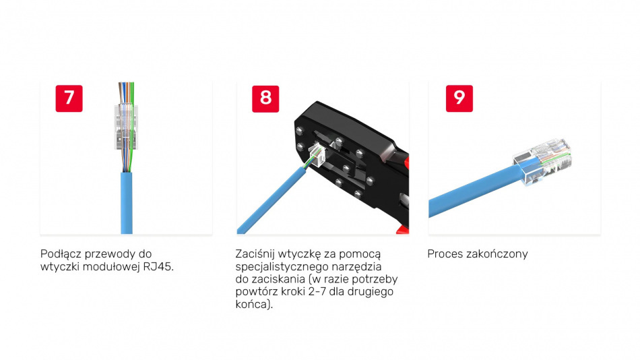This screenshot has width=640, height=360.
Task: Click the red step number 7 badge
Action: pyautogui.click(x=69, y=98)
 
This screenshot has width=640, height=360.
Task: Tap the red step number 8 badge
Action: pyautogui.click(x=265, y=98)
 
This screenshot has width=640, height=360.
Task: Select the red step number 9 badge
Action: pyautogui.click(x=459, y=98)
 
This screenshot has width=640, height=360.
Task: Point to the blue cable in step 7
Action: pyautogui.click(x=127, y=203)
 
